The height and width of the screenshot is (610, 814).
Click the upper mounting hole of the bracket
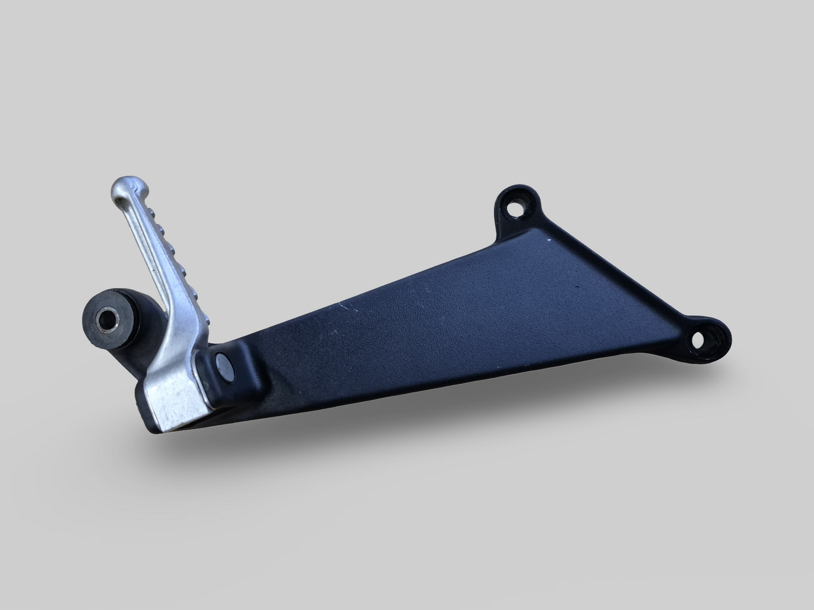pos(514,208)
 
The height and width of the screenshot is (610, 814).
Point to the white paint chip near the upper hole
pos(550,241)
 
